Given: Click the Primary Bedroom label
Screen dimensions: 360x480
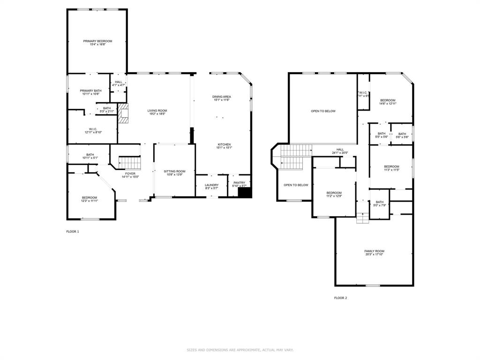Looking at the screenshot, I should [97, 41].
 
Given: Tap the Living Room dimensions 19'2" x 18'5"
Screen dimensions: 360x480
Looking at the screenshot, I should [157, 114].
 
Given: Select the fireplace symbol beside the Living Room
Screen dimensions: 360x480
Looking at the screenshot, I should [123, 113].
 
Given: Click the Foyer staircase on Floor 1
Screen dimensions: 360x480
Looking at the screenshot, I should [131, 163].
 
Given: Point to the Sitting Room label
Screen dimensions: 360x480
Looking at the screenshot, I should [174, 172].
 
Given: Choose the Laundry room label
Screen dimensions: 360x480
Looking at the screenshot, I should [211, 185].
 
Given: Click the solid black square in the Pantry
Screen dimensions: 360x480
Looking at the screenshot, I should [244, 192].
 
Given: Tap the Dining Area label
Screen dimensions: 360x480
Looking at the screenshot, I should [222, 97].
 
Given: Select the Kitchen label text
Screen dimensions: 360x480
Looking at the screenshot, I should [224, 144].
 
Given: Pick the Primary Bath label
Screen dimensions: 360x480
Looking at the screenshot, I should [90, 91].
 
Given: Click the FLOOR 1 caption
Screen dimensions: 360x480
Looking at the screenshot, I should [73, 232].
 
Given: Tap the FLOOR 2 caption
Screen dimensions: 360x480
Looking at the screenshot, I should [340, 298].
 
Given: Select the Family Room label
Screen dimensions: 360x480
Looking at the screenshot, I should [374, 251].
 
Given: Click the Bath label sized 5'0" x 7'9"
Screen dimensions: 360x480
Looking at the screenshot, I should [379, 202].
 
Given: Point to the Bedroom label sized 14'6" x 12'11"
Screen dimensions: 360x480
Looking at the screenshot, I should [388, 100].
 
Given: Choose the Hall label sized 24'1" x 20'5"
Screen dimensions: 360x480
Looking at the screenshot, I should [340, 150].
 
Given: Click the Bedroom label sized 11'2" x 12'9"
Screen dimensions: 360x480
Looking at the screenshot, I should [334, 193].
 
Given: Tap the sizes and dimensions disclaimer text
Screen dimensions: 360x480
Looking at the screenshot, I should [240, 350].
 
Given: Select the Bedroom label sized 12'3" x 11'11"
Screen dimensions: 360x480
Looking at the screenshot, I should [90, 197].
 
